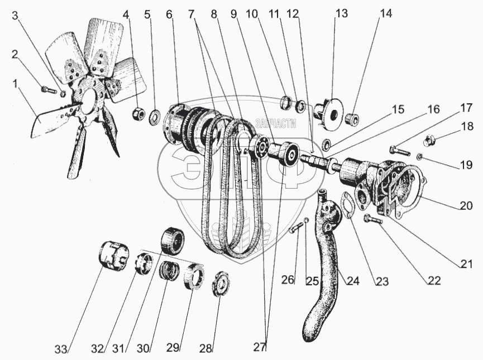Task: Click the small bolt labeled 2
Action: pos(49,89)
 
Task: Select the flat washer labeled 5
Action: pos(155,118)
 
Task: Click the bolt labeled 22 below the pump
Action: pos(371,220)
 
